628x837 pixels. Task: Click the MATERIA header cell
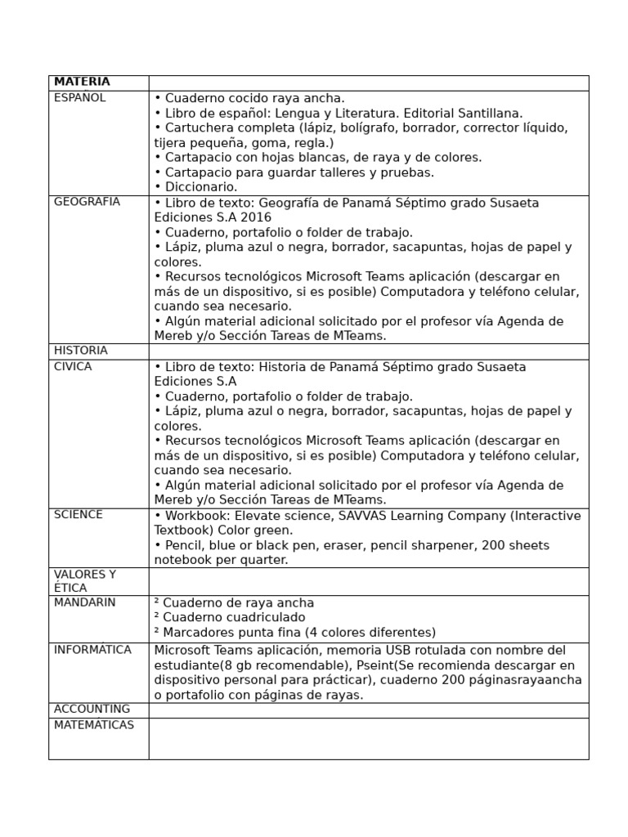click(x=81, y=83)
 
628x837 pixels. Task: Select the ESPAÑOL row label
click(x=79, y=98)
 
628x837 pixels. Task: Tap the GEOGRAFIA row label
click(x=87, y=202)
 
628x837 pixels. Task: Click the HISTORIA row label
click(x=80, y=351)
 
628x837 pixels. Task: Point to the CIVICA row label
click(x=73, y=366)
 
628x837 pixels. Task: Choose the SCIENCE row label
click(x=78, y=515)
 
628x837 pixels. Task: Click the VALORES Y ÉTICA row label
click(x=84, y=581)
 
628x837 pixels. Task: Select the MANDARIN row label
click(x=84, y=602)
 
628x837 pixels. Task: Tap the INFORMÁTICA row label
click(x=92, y=650)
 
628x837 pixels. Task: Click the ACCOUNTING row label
click(x=92, y=709)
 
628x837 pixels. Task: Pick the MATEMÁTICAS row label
click(x=93, y=725)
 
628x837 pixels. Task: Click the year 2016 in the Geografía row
click(x=258, y=217)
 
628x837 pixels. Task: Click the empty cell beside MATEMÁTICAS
click(x=368, y=739)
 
